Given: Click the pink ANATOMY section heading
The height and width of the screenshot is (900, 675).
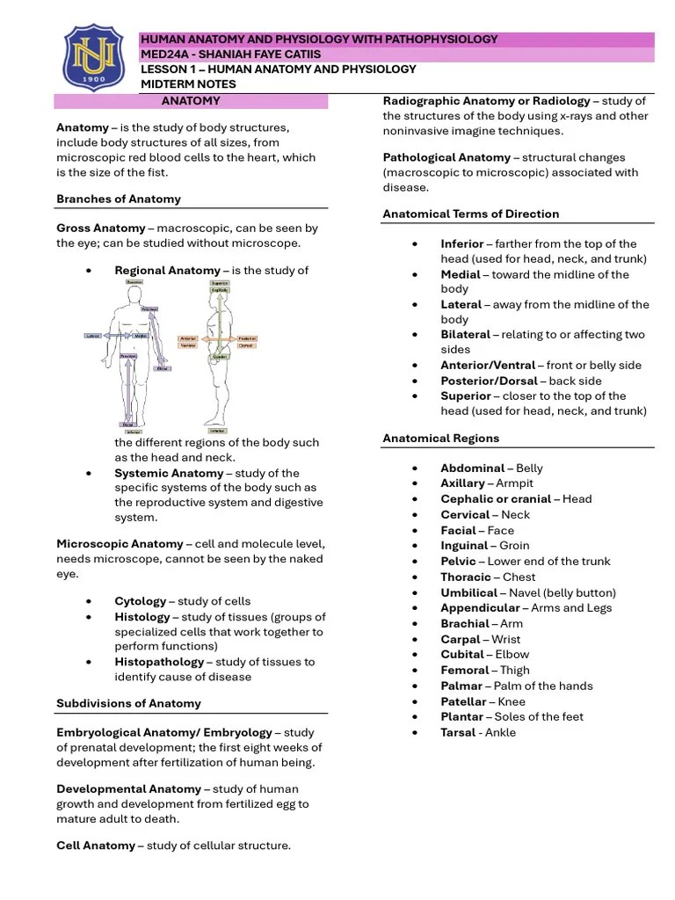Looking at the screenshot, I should point(191,101).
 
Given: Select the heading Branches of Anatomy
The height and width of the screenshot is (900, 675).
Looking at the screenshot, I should point(119,199).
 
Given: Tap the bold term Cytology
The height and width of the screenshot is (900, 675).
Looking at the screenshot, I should point(140,601).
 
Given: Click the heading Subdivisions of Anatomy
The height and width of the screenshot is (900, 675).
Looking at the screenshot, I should point(128,703).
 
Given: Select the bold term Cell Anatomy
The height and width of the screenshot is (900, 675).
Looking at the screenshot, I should point(96,846).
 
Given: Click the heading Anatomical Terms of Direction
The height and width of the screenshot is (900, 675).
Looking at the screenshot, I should point(470,214).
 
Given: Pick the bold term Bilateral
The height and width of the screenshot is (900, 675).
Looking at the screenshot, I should point(465,335).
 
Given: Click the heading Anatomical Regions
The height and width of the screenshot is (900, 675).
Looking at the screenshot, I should point(440,438).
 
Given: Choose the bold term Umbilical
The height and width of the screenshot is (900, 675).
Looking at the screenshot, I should point(469,592).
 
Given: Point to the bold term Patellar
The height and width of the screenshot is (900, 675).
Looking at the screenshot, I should point(463,701).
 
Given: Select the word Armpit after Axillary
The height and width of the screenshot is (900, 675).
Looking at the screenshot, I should point(514,483).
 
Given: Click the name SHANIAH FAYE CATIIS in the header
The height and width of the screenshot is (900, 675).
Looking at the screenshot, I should point(255,54).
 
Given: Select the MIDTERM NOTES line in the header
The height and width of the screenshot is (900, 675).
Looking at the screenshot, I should point(188,84).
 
